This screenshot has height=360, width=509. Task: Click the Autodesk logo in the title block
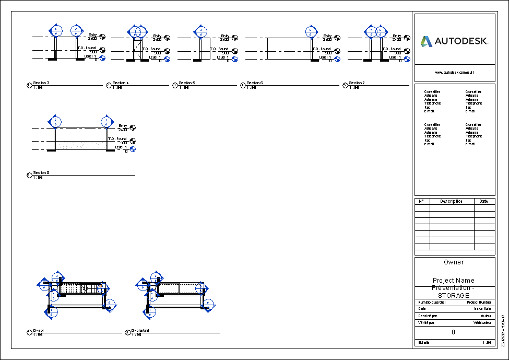[454, 41]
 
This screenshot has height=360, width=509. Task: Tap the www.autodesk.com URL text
[454, 73]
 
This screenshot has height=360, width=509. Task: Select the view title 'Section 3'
[41, 83]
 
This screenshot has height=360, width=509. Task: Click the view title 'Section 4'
[121, 83]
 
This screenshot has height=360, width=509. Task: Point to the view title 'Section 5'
[187, 83]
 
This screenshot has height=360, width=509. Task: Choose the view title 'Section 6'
[255, 83]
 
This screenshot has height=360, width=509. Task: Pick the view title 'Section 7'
[357, 83]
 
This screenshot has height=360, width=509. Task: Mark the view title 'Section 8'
[41, 172]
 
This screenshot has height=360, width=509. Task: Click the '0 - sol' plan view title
[39, 330]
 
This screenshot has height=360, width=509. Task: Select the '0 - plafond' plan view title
[140, 330]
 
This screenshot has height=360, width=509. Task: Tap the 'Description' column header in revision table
[451, 201]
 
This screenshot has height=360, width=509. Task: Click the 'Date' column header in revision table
[484, 201]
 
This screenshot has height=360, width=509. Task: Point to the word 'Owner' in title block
[454, 262]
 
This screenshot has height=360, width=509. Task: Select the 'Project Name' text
[454, 281]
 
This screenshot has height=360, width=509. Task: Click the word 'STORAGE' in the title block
[454, 295]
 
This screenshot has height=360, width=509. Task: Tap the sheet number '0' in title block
[454, 332]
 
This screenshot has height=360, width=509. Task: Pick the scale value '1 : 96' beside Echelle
[486, 343]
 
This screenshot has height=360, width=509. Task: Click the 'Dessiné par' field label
[428, 316]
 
